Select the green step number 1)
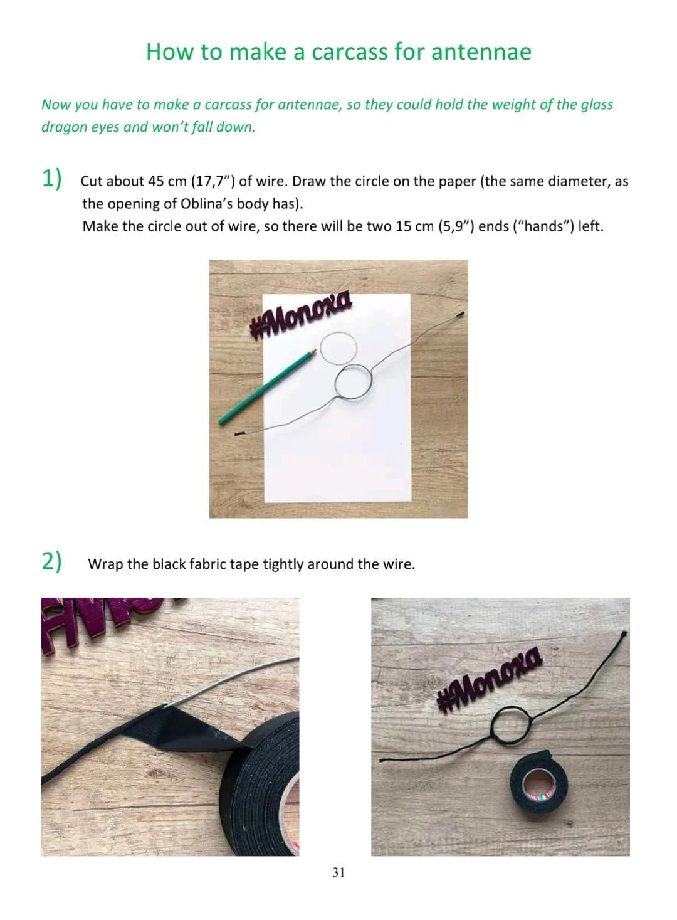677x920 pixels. pos(52,179)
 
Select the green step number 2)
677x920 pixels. pos(52,562)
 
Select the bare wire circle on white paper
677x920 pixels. pos(336,383)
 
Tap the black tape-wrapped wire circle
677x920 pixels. pos(492,715)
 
